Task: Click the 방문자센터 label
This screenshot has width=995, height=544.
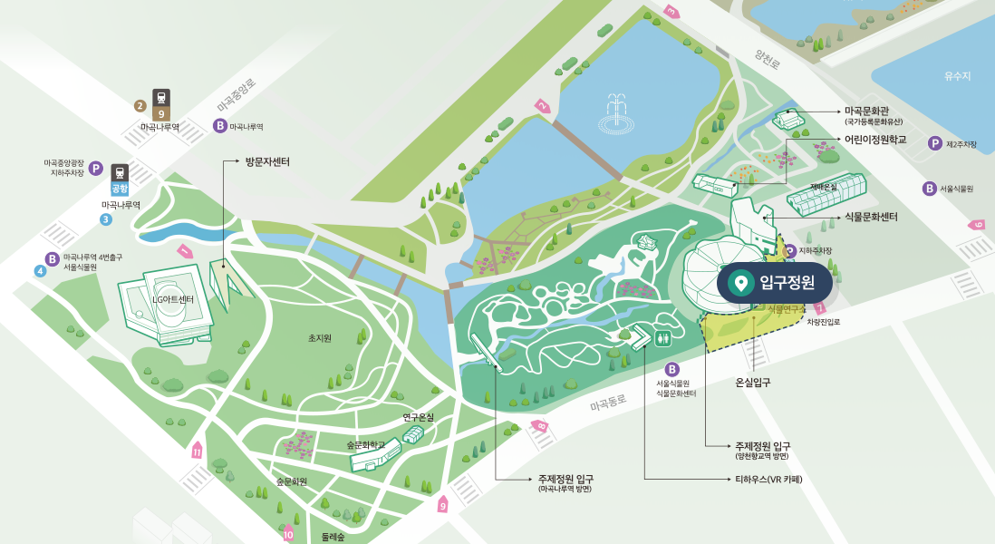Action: pyautogui.click(x=267, y=162)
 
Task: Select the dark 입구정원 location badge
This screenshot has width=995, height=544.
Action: pyautogui.click(x=775, y=283)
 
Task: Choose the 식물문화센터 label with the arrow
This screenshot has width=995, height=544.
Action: pyautogui.click(x=871, y=217)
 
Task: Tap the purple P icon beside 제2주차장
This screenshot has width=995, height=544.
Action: pyautogui.click(x=934, y=143)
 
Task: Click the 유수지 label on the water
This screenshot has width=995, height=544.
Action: pyautogui.click(x=957, y=76)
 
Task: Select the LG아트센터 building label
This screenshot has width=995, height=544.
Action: pyautogui.click(x=172, y=300)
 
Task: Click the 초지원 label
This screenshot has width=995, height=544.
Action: pyautogui.click(x=320, y=338)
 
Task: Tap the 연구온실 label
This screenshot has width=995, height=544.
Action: pyautogui.click(x=419, y=417)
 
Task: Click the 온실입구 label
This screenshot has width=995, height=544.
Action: pyautogui.click(x=753, y=383)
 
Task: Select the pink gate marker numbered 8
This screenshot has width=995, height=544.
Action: pyautogui.click(x=540, y=425)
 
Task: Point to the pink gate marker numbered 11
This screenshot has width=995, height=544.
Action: pyautogui.click(x=197, y=449)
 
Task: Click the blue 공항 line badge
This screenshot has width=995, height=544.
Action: pyautogui.click(x=120, y=189)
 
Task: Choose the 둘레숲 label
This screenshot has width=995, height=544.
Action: pyautogui.click(x=333, y=537)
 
